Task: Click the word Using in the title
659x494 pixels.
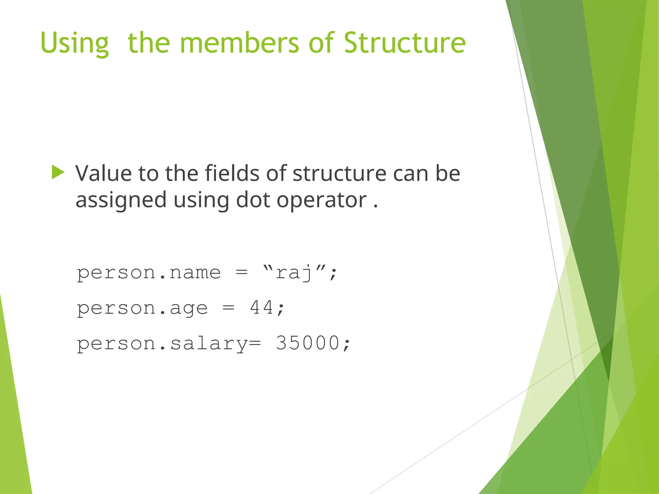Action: (x=75, y=43)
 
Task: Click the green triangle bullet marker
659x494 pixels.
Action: (x=58, y=172)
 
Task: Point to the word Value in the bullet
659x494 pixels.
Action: (x=104, y=174)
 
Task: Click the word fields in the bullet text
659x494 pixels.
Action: (x=232, y=174)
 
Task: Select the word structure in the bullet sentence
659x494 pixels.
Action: (x=339, y=174)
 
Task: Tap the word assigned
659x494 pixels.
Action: (x=121, y=200)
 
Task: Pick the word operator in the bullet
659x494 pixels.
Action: (x=321, y=200)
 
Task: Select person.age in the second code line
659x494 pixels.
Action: (x=142, y=308)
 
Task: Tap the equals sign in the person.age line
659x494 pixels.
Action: (x=228, y=308)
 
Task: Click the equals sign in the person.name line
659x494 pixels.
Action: (x=242, y=273)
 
